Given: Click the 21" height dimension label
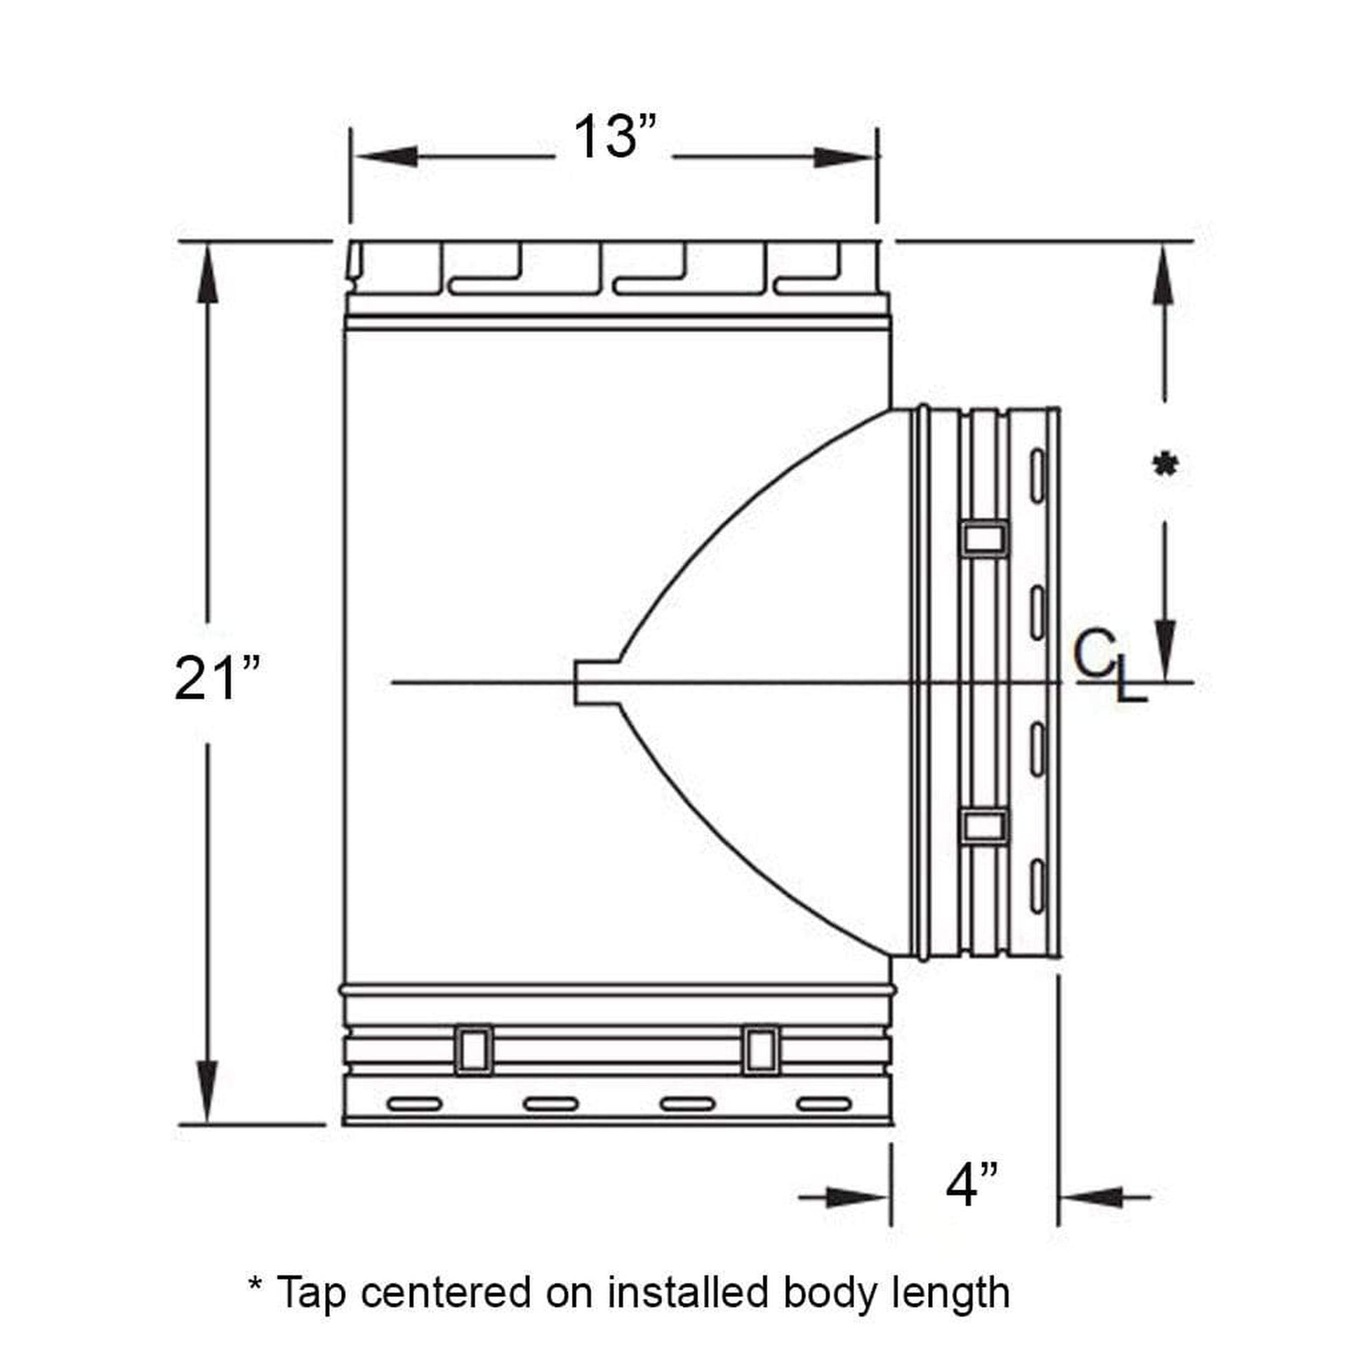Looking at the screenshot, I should coord(216,679).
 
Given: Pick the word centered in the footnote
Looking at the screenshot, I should coord(446,1292).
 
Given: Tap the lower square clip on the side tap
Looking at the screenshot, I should coord(985,825).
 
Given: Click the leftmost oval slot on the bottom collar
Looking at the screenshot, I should coord(414,1103).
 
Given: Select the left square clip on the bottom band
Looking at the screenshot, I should coord(473,1049).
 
